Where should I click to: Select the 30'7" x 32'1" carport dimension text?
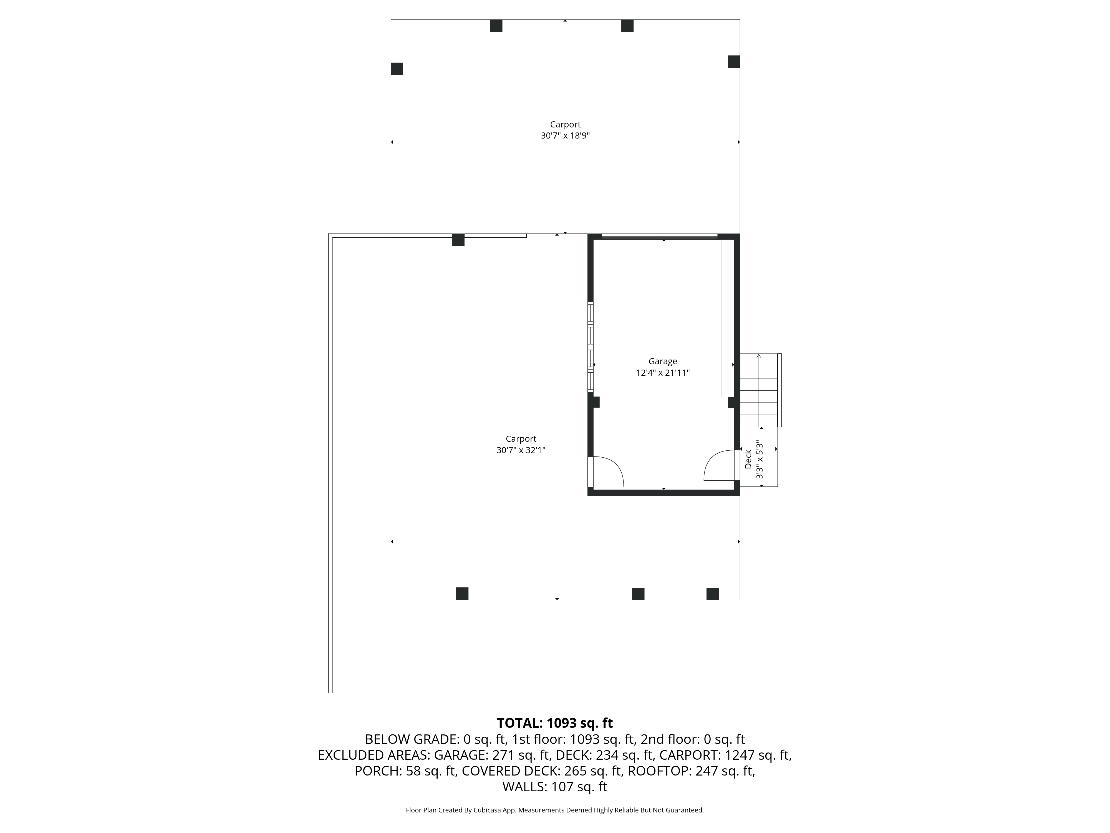click(x=521, y=450)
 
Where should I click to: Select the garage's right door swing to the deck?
click(x=720, y=466)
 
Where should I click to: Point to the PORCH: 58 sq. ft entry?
click(x=405, y=771)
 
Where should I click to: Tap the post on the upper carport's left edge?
click(x=397, y=69)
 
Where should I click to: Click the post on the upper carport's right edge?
click(x=734, y=62)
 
